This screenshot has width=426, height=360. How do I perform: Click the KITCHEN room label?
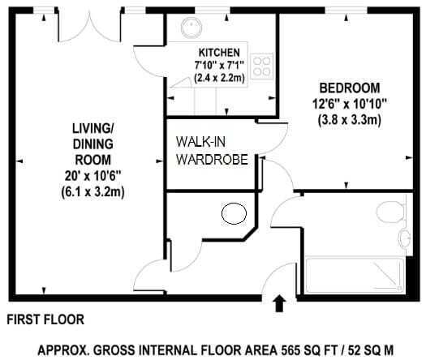point(219,52)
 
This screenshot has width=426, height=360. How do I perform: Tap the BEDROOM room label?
point(350,88)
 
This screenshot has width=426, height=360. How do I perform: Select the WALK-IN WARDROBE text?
point(212,151)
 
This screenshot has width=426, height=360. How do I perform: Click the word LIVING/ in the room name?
point(93,128)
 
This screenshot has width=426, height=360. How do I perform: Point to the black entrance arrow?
point(279,303)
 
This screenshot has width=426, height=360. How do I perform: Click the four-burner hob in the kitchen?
point(261,66)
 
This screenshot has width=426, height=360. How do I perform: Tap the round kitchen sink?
point(191,28)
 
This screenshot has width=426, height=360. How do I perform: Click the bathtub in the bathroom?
point(355,275)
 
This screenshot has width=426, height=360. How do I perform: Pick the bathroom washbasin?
point(405,238)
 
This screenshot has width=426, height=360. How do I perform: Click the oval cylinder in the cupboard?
point(234,213)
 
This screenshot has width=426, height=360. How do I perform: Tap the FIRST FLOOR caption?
point(45,319)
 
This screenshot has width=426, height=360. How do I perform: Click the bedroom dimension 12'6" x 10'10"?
point(350,104)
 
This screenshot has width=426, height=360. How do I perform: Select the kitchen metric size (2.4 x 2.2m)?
point(220,78)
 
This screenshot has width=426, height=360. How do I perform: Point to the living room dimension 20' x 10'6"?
point(93,176)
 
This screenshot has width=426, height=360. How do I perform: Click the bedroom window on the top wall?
point(346,11)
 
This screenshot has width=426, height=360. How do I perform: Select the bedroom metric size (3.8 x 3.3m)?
point(350,119)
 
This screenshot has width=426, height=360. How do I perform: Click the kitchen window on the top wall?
point(213,11)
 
